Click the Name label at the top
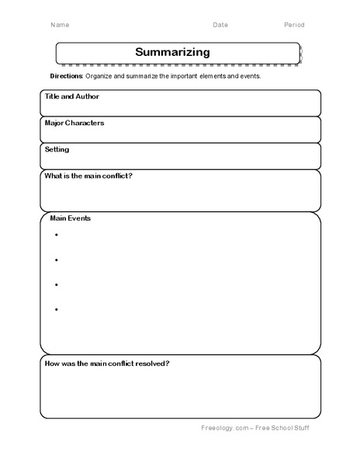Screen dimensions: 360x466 [59, 25]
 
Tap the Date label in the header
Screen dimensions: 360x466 [220, 25]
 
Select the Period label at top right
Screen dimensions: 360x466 [294, 25]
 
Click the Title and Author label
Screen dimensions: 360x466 [72, 97]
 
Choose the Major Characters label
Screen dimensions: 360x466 [74, 123]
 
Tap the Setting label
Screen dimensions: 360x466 [57, 149]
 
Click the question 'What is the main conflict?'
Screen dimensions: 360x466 [88, 176]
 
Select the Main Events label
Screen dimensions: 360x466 [71, 218]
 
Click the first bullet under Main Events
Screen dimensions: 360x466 [57, 235]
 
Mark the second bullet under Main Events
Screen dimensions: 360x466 [57, 259]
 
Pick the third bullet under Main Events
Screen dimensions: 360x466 [57, 285]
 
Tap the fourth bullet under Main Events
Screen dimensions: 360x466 [57, 310]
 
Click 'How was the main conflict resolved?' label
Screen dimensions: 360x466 [108, 363]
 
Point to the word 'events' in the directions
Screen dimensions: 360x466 [250, 77]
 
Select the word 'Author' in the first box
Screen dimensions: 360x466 [88, 97]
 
